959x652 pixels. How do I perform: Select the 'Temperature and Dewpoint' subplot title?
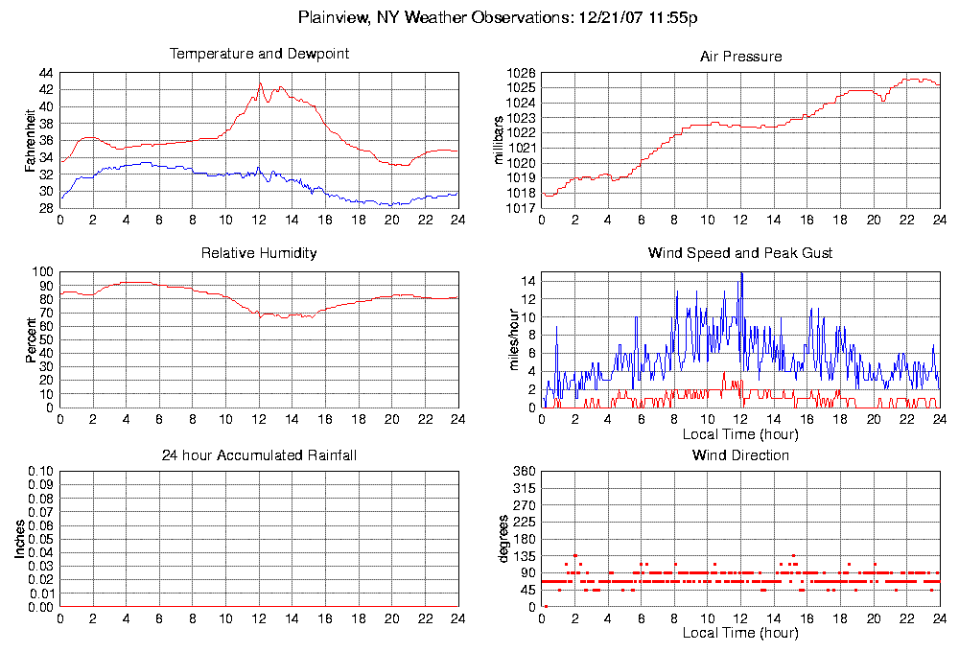[259, 55]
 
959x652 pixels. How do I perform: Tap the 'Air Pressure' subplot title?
[740, 57]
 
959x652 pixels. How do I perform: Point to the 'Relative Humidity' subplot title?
[259, 253]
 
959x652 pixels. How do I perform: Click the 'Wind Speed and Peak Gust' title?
[740, 253]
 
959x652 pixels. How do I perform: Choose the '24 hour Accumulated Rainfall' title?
[259, 454]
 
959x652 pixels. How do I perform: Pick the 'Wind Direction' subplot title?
[740, 454]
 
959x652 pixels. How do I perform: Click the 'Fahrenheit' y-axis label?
[31, 141]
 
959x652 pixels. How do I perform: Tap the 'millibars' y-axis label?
[498, 141]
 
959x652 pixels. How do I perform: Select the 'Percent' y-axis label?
[31, 339]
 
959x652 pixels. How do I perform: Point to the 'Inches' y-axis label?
[19, 540]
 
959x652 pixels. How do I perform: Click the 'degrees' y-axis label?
[503, 540]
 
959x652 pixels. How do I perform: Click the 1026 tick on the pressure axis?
[522, 74]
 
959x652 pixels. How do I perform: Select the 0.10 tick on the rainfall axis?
[40, 472]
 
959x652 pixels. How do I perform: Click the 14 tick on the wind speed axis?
[529, 281]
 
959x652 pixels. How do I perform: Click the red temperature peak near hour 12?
[260, 83]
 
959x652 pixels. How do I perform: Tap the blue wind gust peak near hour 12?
[740, 273]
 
